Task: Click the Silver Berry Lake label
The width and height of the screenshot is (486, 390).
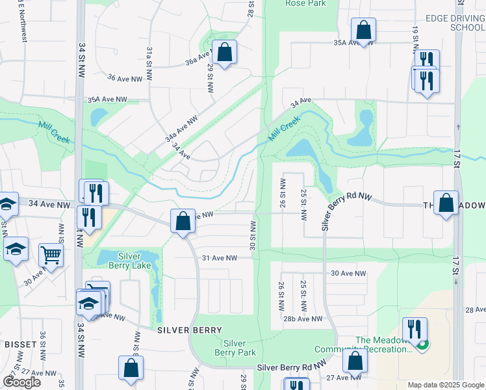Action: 134,261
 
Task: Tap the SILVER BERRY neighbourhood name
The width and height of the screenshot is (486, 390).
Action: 190,330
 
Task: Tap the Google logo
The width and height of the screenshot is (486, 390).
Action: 21,382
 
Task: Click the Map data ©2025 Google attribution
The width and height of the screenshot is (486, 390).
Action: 445,385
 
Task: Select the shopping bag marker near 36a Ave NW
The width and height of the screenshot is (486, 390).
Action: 224,54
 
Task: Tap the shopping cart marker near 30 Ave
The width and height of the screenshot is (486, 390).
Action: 51,256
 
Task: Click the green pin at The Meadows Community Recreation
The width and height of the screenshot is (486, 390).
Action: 423,344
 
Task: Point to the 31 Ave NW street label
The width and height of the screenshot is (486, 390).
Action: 220,258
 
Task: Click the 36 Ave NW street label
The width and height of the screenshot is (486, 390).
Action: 124,78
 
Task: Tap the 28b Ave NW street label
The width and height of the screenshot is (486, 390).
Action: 303,318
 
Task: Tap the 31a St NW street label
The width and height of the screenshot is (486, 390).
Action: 149,62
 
